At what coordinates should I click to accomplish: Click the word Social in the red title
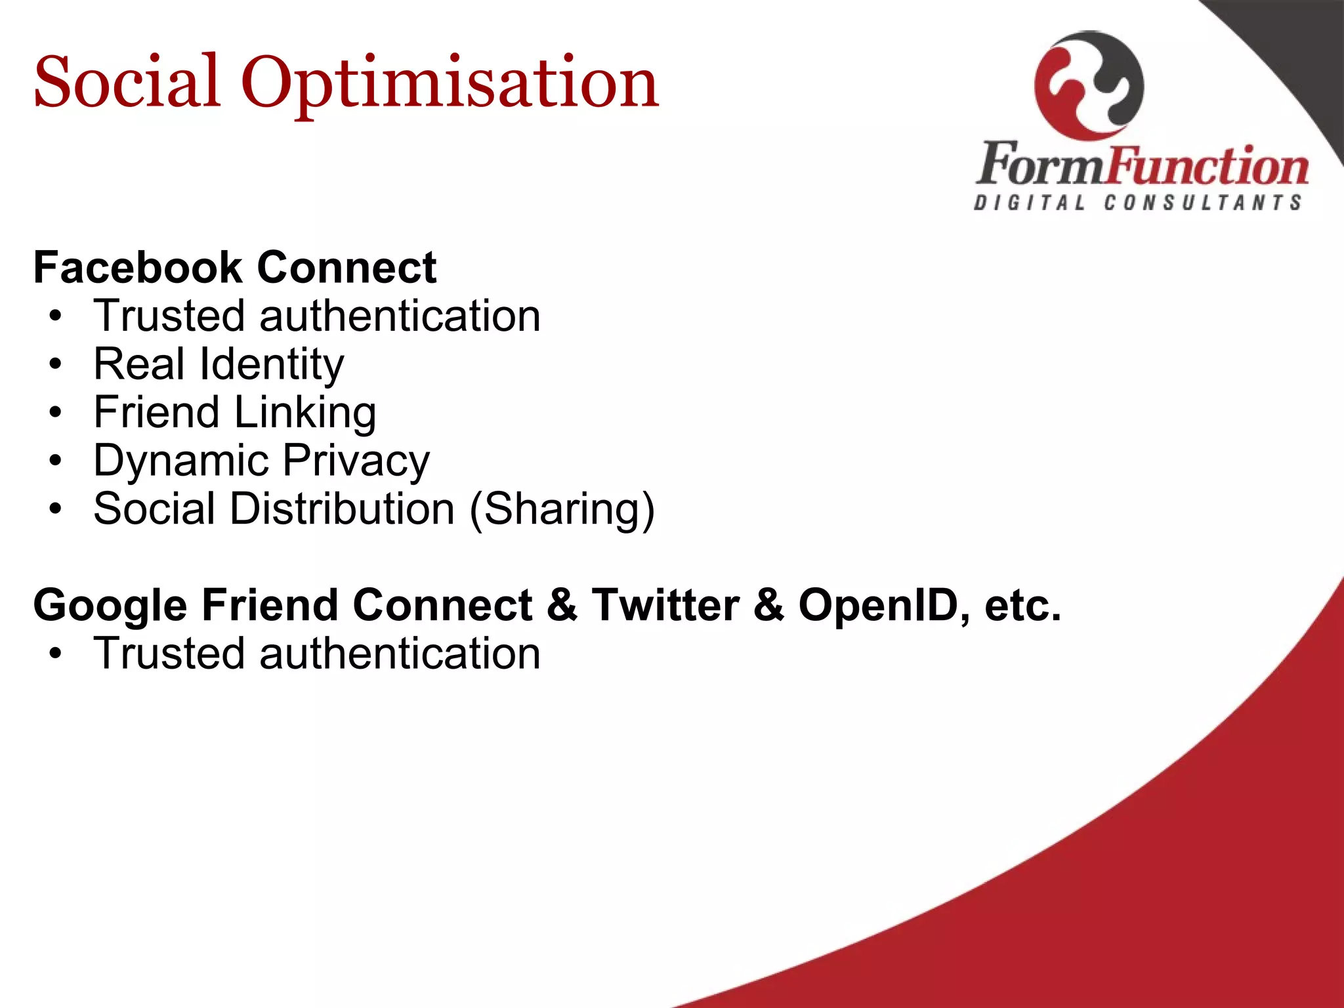[x=126, y=82]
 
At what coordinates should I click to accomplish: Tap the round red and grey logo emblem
[x=1089, y=85]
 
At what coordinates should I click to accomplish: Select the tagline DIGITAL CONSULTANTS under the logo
[x=1138, y=203]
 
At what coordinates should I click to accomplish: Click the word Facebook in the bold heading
[x=138, y=268]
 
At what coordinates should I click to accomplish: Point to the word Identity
[x=272, y=365]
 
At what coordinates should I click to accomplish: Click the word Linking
[x=305, y=413]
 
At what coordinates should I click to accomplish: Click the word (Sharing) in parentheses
[x=562, y=509]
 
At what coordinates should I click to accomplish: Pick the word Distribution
[x=342, y=509]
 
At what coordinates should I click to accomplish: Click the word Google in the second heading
[x=110, y=605]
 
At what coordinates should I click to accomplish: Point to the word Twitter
[x=665, y=605]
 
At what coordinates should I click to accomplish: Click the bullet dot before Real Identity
[x=56, y=365]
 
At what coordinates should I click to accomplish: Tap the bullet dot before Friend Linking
[x=56, y=413]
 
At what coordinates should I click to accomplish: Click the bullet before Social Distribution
[x=56, y=509]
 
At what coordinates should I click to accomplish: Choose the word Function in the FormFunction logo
[x=1207, y=165]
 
